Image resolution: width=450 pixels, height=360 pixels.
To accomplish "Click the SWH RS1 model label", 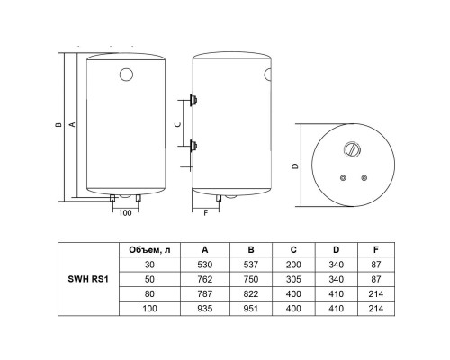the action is click(88, 279).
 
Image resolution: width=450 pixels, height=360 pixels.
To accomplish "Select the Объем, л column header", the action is click(149, 250).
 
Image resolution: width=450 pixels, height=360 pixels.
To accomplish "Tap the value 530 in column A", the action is click(205, 265).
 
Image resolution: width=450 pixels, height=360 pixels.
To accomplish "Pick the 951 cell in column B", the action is click(251, 309).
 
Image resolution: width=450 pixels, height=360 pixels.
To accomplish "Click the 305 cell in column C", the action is click(293, 279).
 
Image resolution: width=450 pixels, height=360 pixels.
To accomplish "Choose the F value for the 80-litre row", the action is click(376, 293).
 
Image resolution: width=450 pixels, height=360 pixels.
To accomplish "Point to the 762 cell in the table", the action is click(205, 279).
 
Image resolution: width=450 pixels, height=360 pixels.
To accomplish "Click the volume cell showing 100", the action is click(149, 309).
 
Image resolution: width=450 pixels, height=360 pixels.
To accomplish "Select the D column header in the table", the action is click(336, 250).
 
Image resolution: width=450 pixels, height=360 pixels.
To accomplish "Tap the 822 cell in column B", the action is click(251, 293).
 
